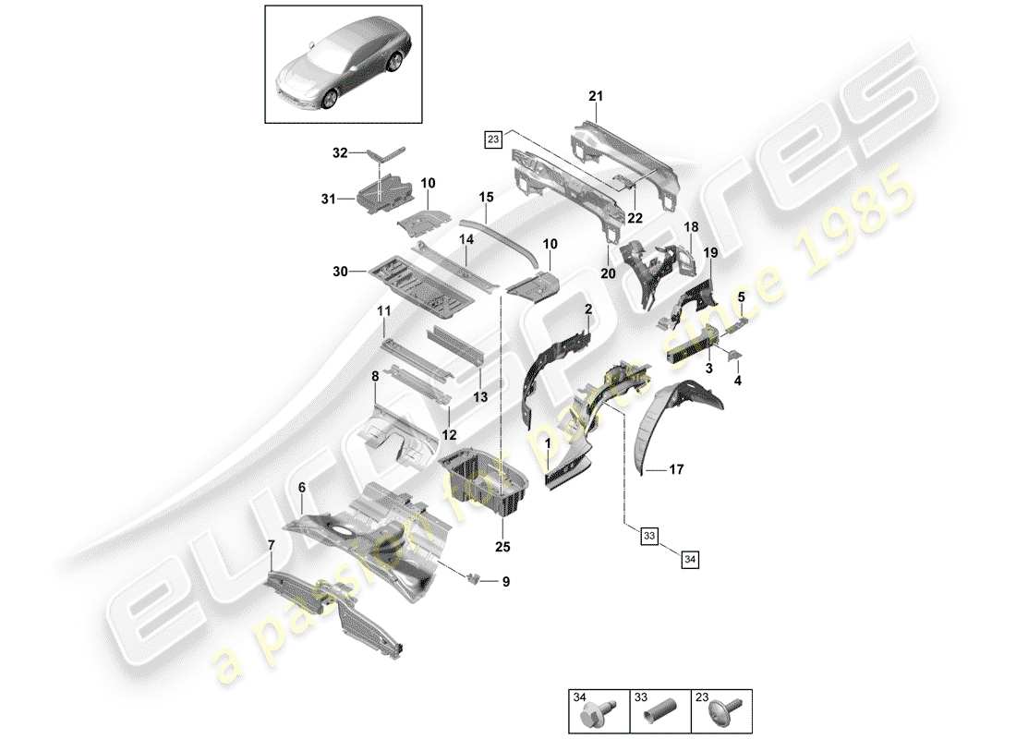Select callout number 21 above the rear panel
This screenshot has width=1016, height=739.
[595, 97]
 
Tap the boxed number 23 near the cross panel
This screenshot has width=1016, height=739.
[492, 139]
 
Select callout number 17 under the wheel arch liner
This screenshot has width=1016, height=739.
[677, 469]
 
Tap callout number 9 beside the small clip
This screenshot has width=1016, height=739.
[505, 582]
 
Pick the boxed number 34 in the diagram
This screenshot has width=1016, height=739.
[690, 557]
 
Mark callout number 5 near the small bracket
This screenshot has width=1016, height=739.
[741, 297]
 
